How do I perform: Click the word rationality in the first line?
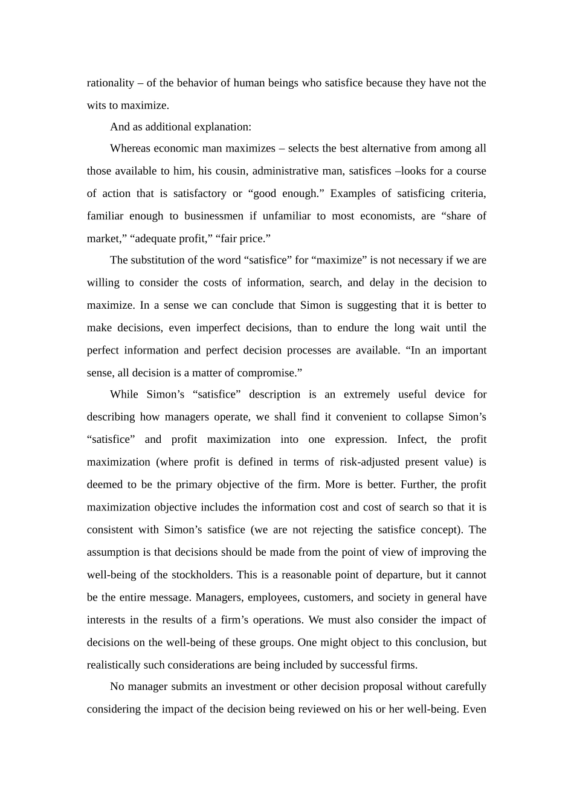(110, 83)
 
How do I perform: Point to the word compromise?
(269, 373)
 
